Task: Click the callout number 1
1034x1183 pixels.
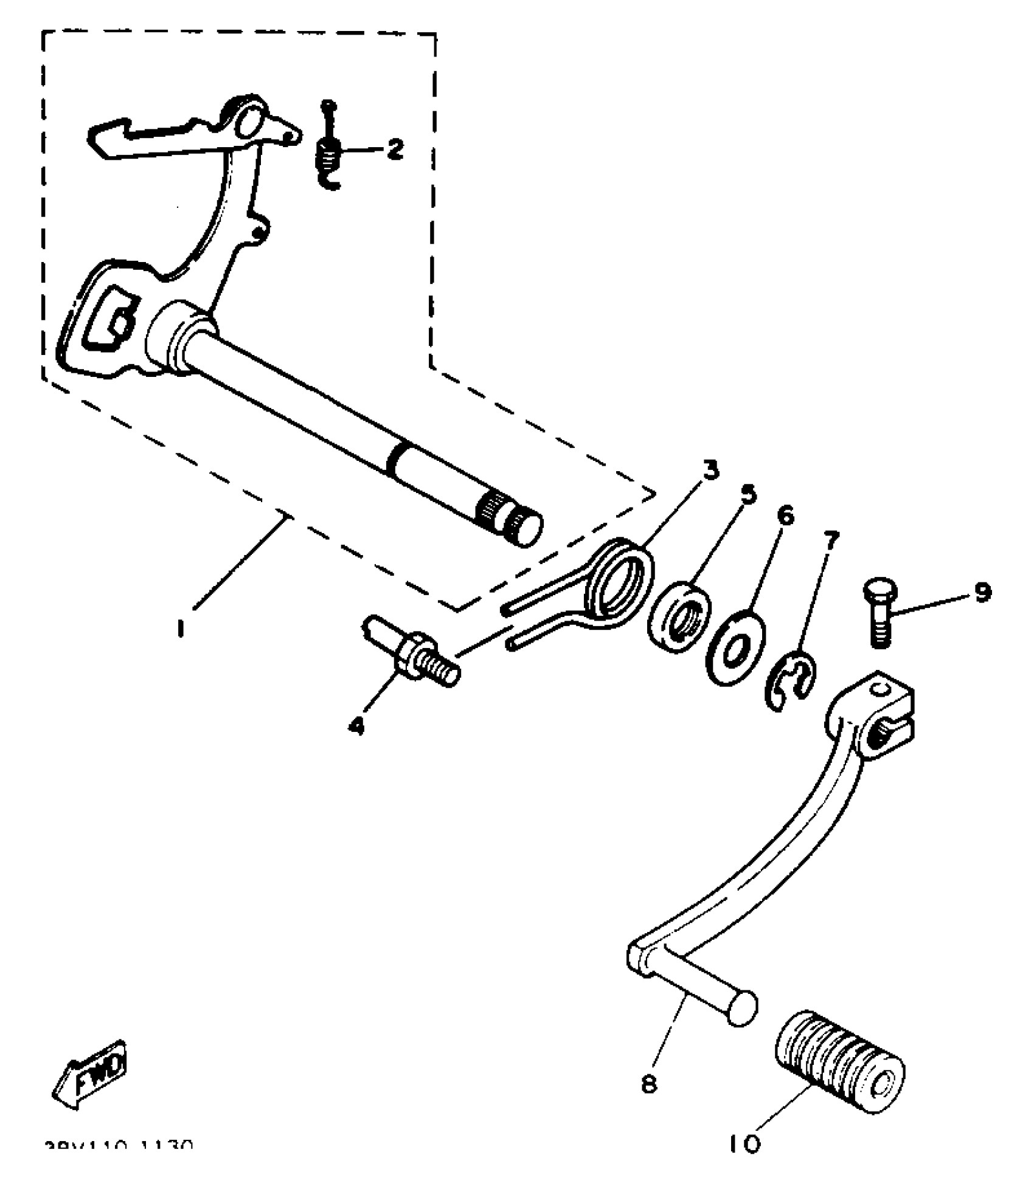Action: coord(180,627)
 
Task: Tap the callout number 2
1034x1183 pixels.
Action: coord(395,148)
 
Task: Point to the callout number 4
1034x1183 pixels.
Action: coord(356,725)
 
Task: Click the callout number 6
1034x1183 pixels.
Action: coord(785,516)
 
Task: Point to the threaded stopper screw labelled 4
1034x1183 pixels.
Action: coord(414,658)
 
